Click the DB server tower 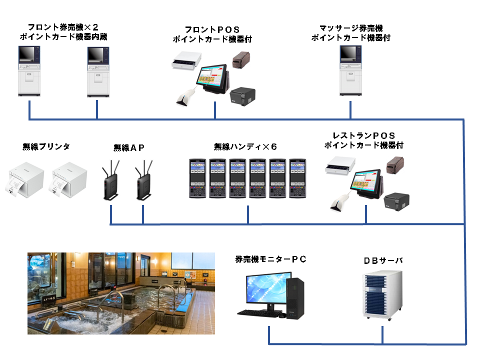click(382, 295)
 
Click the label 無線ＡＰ click(129, 147)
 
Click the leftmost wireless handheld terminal click(197, 178)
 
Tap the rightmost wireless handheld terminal click(297, 178)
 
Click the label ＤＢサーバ click(383, 260)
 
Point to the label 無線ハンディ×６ click(245, 146)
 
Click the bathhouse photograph click(121, 293)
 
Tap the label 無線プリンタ click(46, 146)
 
